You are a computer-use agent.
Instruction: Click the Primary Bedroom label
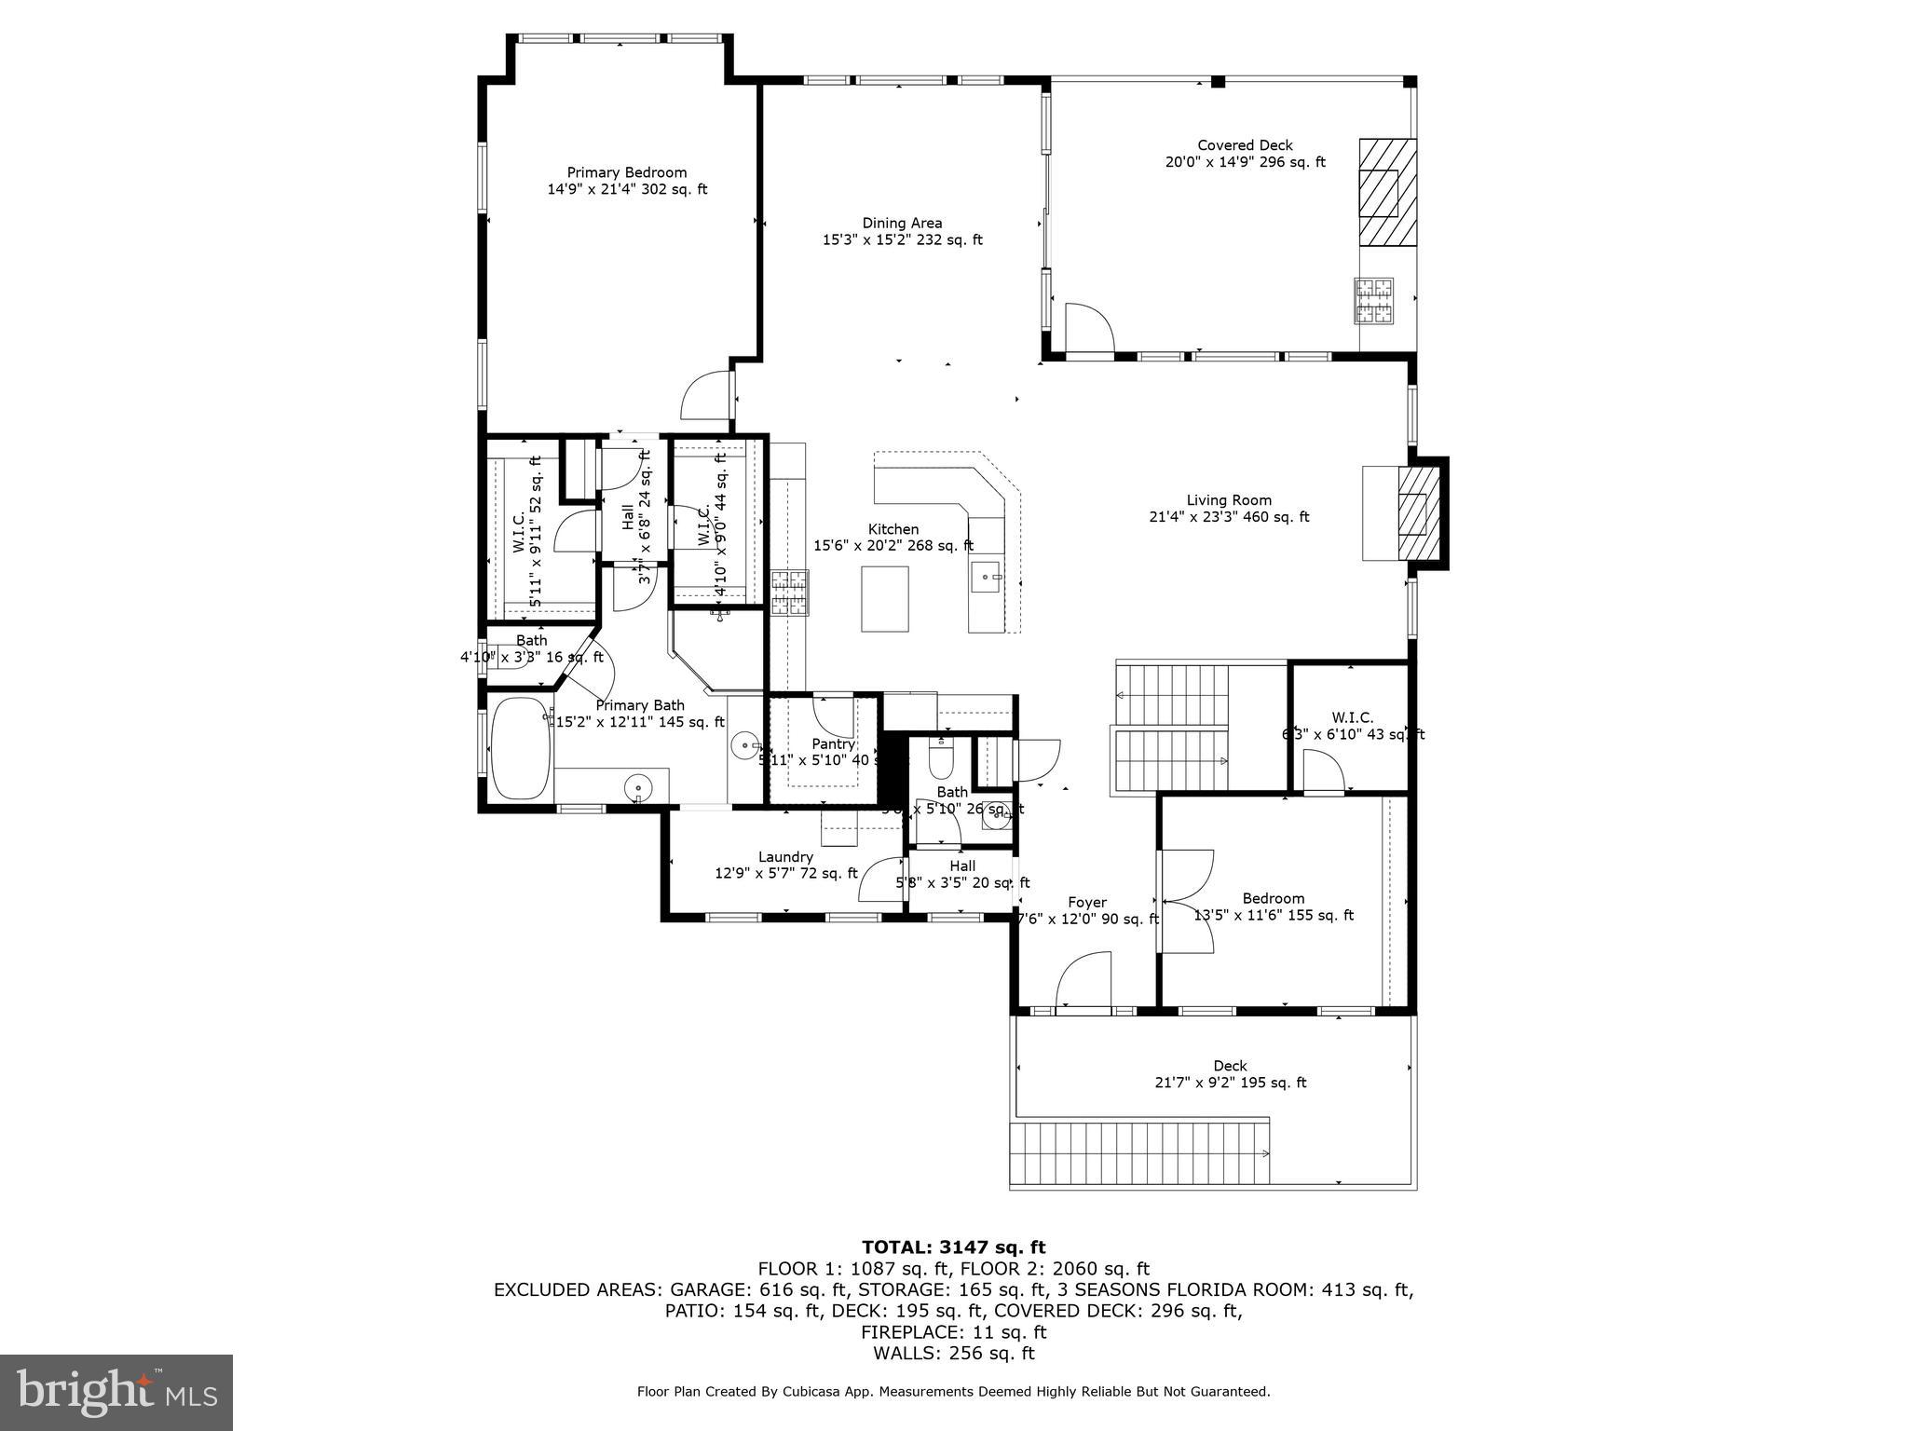[626, 172]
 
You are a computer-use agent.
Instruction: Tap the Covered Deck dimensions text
[1245, 162]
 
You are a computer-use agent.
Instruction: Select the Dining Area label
[901, 223]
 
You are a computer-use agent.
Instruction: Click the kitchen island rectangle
[884, 598]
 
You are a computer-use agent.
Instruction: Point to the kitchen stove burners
[790, 593]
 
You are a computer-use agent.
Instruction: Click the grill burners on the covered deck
[1374, 301]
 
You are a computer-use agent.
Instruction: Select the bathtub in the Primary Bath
[519, 749]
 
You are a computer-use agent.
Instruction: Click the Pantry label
[833, 744]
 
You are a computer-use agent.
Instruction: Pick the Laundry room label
[785, 857]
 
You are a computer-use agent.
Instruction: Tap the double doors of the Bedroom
[1185, 901]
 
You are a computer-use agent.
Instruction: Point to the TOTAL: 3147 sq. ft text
[953, 1247]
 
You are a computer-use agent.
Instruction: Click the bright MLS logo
[116, 1393]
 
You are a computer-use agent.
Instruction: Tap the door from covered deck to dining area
[1088, 328]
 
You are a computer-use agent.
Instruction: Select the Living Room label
[1228, 500]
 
